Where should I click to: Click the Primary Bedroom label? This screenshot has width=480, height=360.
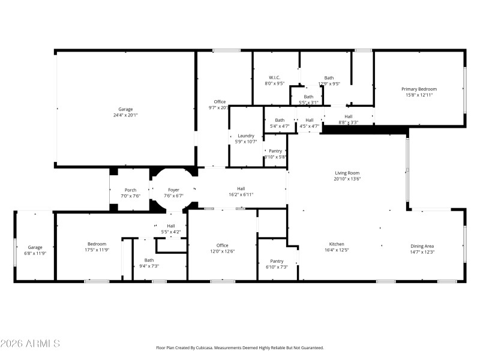point(419,89)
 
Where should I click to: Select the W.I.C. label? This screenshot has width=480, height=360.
point(274,77)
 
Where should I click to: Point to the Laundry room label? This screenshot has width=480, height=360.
point(246,136)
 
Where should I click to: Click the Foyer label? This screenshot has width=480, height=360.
point(173,190)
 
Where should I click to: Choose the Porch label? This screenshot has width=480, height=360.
point(130,190)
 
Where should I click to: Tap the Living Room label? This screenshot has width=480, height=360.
point(347,173)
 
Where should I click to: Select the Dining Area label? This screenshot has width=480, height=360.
point(422,246)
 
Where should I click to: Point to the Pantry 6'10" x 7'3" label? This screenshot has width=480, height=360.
point(277,261)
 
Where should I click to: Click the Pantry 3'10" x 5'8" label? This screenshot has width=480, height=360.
point(275,151)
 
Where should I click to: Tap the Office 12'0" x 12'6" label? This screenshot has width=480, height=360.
point(222,245)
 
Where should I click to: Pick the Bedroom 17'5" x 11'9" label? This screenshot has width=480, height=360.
point(97,244)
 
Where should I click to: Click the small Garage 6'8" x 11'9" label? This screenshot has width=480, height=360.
point(35,247)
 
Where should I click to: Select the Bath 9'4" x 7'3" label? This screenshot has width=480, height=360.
point(149,260)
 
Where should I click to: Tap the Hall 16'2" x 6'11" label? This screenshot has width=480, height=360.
point(241,189)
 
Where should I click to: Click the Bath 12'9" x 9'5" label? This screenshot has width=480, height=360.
point(329,77)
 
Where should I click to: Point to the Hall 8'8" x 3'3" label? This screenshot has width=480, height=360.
point(348,116)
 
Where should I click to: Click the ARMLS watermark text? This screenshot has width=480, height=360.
point(30,344)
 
